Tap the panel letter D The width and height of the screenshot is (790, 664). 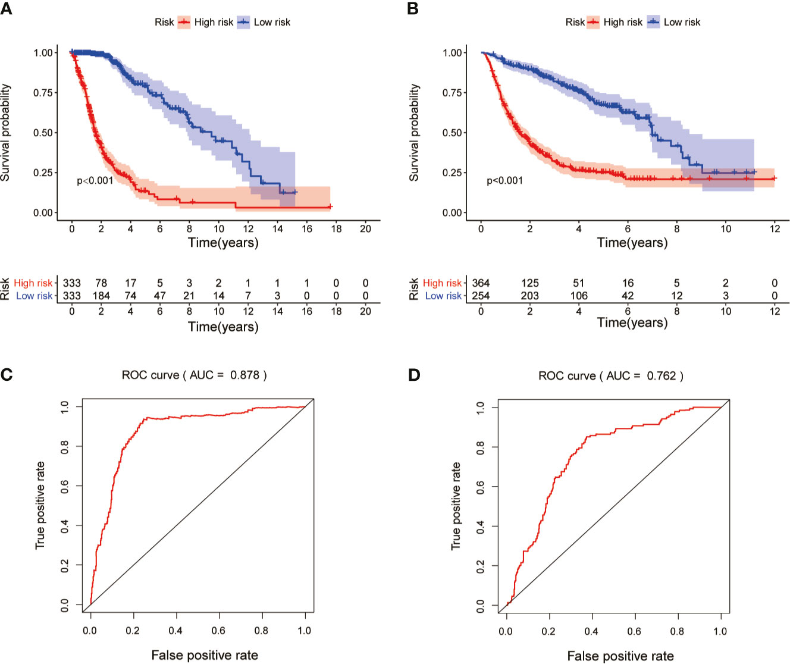pos(414,375)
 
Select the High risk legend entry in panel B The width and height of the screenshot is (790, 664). pos(622,22)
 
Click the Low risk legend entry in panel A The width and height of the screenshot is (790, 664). pos(272,22)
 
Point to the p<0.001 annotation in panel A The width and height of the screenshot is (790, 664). pos(95,180)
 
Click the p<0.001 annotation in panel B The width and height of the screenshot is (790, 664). pos(504,180)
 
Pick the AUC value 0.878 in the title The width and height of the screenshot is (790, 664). pos(245,375)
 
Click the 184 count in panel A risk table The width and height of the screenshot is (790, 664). pos(101,296)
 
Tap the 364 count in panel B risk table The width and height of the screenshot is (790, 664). pos(481,283)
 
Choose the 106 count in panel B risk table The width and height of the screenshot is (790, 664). pos(579,296)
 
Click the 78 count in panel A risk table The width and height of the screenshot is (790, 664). pos(101,283)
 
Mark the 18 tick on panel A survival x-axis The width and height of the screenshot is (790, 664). pos(336,228)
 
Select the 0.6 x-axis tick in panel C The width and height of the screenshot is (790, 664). pos(218,631)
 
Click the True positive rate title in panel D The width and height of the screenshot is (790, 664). pos(456,506)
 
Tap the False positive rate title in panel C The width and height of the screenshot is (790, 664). pos(205,655)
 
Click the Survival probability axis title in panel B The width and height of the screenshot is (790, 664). pos(415,132)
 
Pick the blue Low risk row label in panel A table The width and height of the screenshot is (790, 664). pos(35,296)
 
